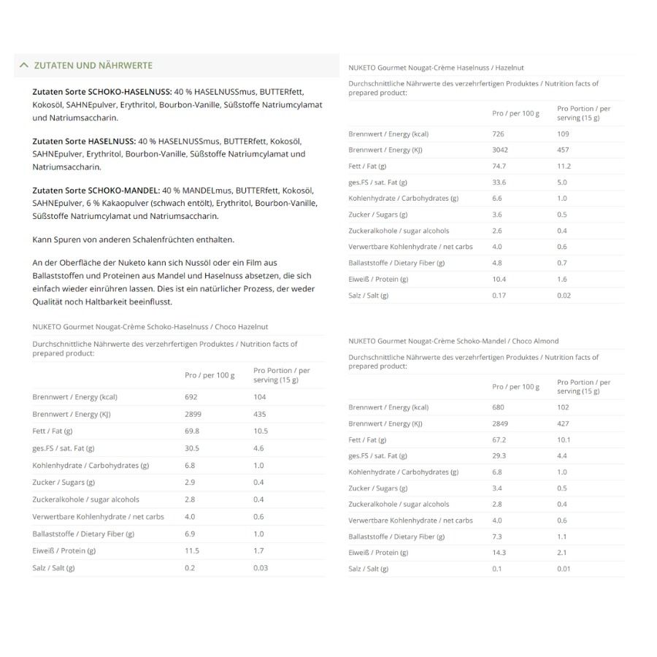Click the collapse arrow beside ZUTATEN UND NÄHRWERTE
24,65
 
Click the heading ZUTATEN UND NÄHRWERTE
93,65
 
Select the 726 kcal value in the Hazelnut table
499,134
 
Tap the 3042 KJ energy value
500,150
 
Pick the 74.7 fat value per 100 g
499,166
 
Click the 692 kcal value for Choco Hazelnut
191,397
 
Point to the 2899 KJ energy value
193,414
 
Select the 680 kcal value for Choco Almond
499,407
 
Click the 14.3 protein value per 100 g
499,553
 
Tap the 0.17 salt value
499,295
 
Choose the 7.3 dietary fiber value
497,537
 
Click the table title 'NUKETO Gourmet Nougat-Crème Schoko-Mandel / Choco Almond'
453,341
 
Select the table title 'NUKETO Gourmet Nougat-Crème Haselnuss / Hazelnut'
436,68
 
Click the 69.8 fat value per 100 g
192,431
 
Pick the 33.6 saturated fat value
499,182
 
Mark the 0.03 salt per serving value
261,568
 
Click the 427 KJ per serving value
563,423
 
